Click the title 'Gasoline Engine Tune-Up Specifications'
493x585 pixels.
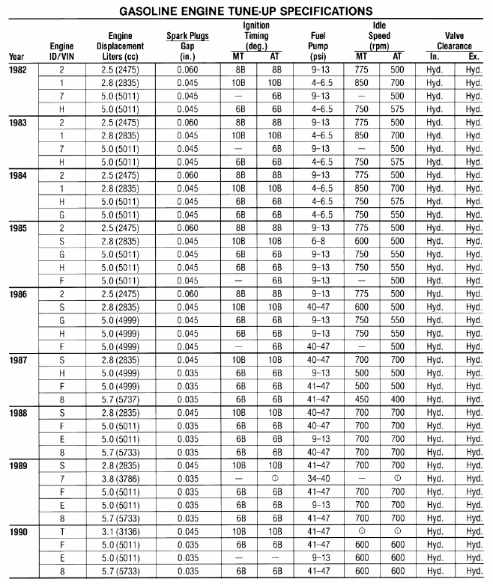point(246,10)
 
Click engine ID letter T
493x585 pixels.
point(61,530)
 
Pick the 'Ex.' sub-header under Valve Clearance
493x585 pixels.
point(473,56)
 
